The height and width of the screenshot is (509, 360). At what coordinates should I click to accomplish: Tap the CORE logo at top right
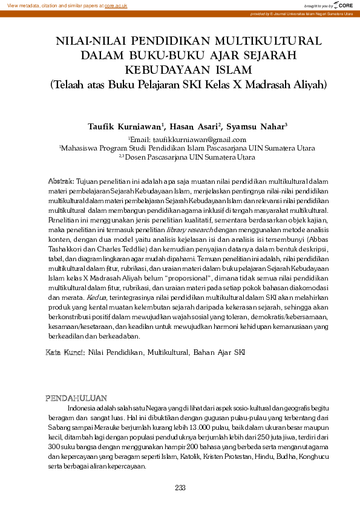pos(343,5)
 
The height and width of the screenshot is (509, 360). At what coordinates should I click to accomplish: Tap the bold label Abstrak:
pos(61,181)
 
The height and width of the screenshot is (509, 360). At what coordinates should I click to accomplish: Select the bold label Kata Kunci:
pos(65,351)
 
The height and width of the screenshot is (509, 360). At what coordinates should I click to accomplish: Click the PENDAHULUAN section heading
pos(77,398)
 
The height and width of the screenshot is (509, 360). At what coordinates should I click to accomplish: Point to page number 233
pos(180,488)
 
